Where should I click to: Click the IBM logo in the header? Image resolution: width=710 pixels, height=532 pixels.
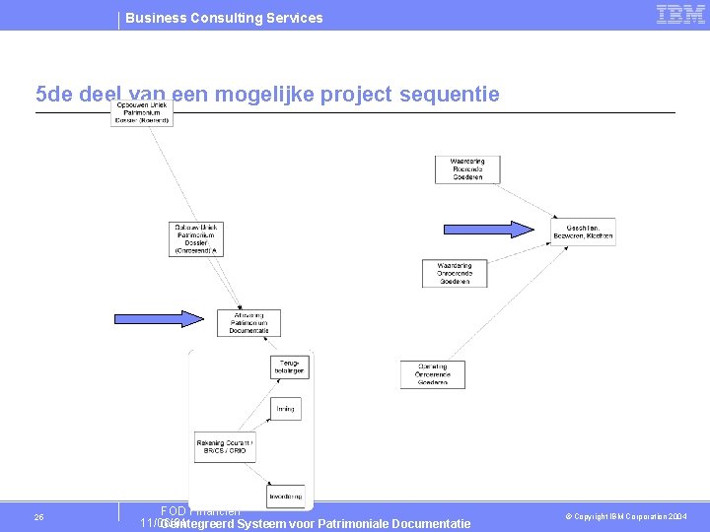680,14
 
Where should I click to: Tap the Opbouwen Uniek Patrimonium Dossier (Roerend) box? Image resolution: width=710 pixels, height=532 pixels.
142,112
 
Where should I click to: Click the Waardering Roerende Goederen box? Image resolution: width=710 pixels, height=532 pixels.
467,168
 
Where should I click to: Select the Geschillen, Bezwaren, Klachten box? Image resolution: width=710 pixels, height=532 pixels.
583,232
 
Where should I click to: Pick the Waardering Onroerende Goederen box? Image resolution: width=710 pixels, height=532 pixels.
455,273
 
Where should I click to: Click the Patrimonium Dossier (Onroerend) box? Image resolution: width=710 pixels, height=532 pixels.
199,238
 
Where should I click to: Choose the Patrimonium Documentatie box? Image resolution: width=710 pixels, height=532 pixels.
248,323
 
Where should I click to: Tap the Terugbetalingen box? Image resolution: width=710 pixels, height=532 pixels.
290,366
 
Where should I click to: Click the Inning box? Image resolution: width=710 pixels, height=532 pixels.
285,408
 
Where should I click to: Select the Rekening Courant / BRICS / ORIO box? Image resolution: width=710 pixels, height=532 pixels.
225,447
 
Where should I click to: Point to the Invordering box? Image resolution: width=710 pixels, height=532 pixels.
285,496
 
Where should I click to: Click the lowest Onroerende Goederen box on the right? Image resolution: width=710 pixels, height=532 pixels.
432,374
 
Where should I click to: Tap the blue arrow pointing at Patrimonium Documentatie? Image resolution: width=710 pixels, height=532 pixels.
159,318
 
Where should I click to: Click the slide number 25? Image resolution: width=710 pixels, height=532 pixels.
38,517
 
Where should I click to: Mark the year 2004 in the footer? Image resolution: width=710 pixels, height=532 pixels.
677,517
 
